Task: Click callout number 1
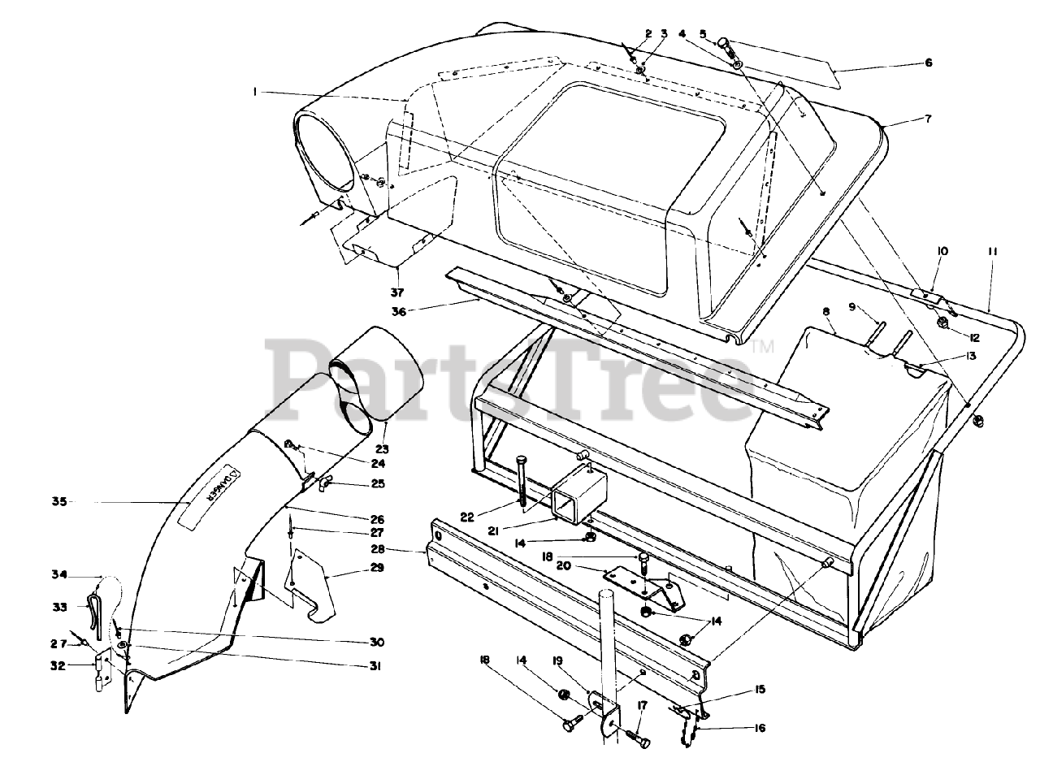(x=254, y=93)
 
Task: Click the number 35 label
(x=58, y=501)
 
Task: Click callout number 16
(x=759, y=728)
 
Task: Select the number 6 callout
(x=927, y=63)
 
